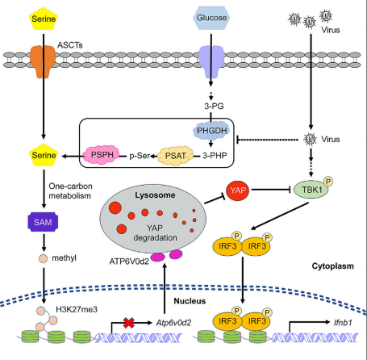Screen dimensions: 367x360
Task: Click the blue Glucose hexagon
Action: tap(211, 18)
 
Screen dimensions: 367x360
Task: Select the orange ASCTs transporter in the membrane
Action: tap(43, 61)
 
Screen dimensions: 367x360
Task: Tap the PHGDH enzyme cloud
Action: tap(211, 131)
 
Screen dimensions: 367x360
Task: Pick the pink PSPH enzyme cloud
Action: tap(102, 155)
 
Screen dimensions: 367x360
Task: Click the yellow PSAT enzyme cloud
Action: tap(175, 156)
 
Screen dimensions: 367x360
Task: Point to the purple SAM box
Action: tap(43, 222)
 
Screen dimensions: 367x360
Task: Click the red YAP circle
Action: tap(238, 190)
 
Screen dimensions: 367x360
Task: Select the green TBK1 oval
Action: tap(311, 190)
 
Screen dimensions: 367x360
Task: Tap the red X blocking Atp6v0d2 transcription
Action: tap(129, 323)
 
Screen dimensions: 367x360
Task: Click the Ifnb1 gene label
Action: tap(343, 322)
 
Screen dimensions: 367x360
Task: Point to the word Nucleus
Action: tap(190, 301)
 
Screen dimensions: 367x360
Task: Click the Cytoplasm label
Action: tap(332, 266)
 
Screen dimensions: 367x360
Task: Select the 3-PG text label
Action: tap(214, 106)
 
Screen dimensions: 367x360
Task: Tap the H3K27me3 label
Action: tap(77, 309)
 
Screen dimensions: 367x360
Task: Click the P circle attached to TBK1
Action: tap(328, 181)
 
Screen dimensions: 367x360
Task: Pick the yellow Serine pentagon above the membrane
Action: tap(44, 19)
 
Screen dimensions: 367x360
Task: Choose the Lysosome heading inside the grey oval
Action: tap(155, 195)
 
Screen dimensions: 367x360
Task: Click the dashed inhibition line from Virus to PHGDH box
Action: tap(267, 140)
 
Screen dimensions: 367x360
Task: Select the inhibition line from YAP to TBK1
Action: tap(271, 190)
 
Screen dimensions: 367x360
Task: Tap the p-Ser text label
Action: tap(140, 156)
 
